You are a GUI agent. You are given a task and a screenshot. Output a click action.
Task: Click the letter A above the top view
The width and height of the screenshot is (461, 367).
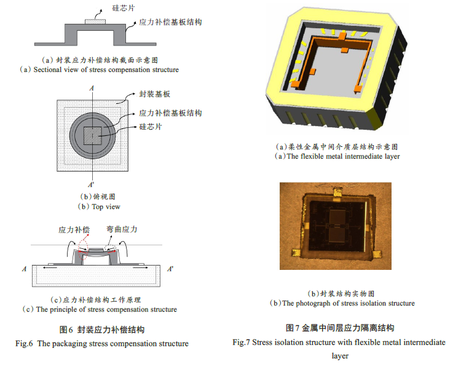click(92, 89)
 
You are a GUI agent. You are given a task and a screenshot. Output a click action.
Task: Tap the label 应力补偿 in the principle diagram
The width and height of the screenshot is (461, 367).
click(74, 229)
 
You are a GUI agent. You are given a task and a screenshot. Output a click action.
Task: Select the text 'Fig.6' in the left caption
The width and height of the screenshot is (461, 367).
click(27, 343)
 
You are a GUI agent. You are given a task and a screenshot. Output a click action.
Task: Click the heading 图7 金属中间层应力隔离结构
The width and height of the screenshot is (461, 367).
click(339, 327)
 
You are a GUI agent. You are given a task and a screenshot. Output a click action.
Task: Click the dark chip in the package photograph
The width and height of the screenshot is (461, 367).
click(339, 228)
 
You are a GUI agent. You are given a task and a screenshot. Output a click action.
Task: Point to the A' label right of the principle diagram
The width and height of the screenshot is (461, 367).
click(170, 269)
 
